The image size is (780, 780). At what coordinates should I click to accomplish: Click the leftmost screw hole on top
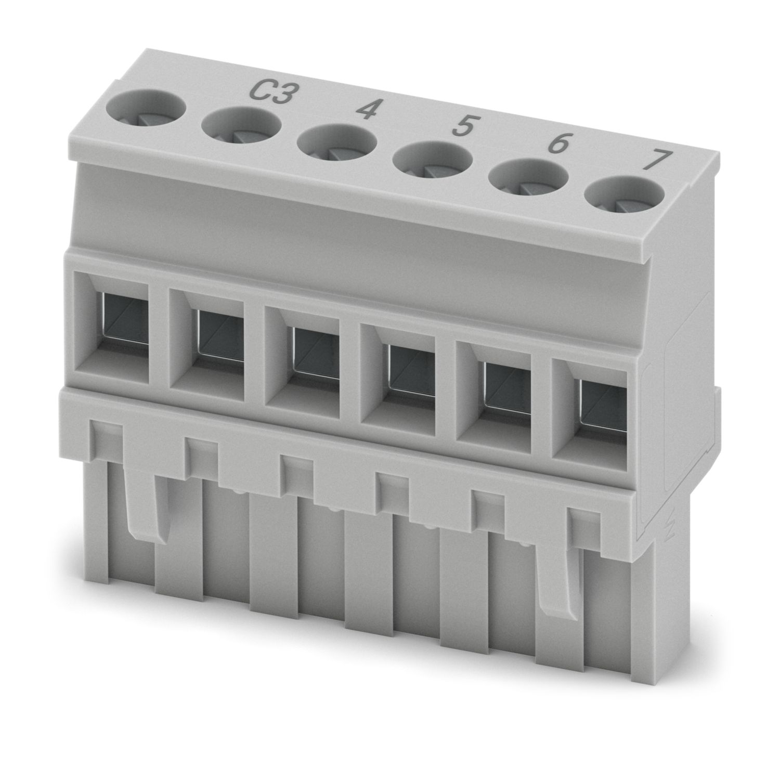click(146, 109)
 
